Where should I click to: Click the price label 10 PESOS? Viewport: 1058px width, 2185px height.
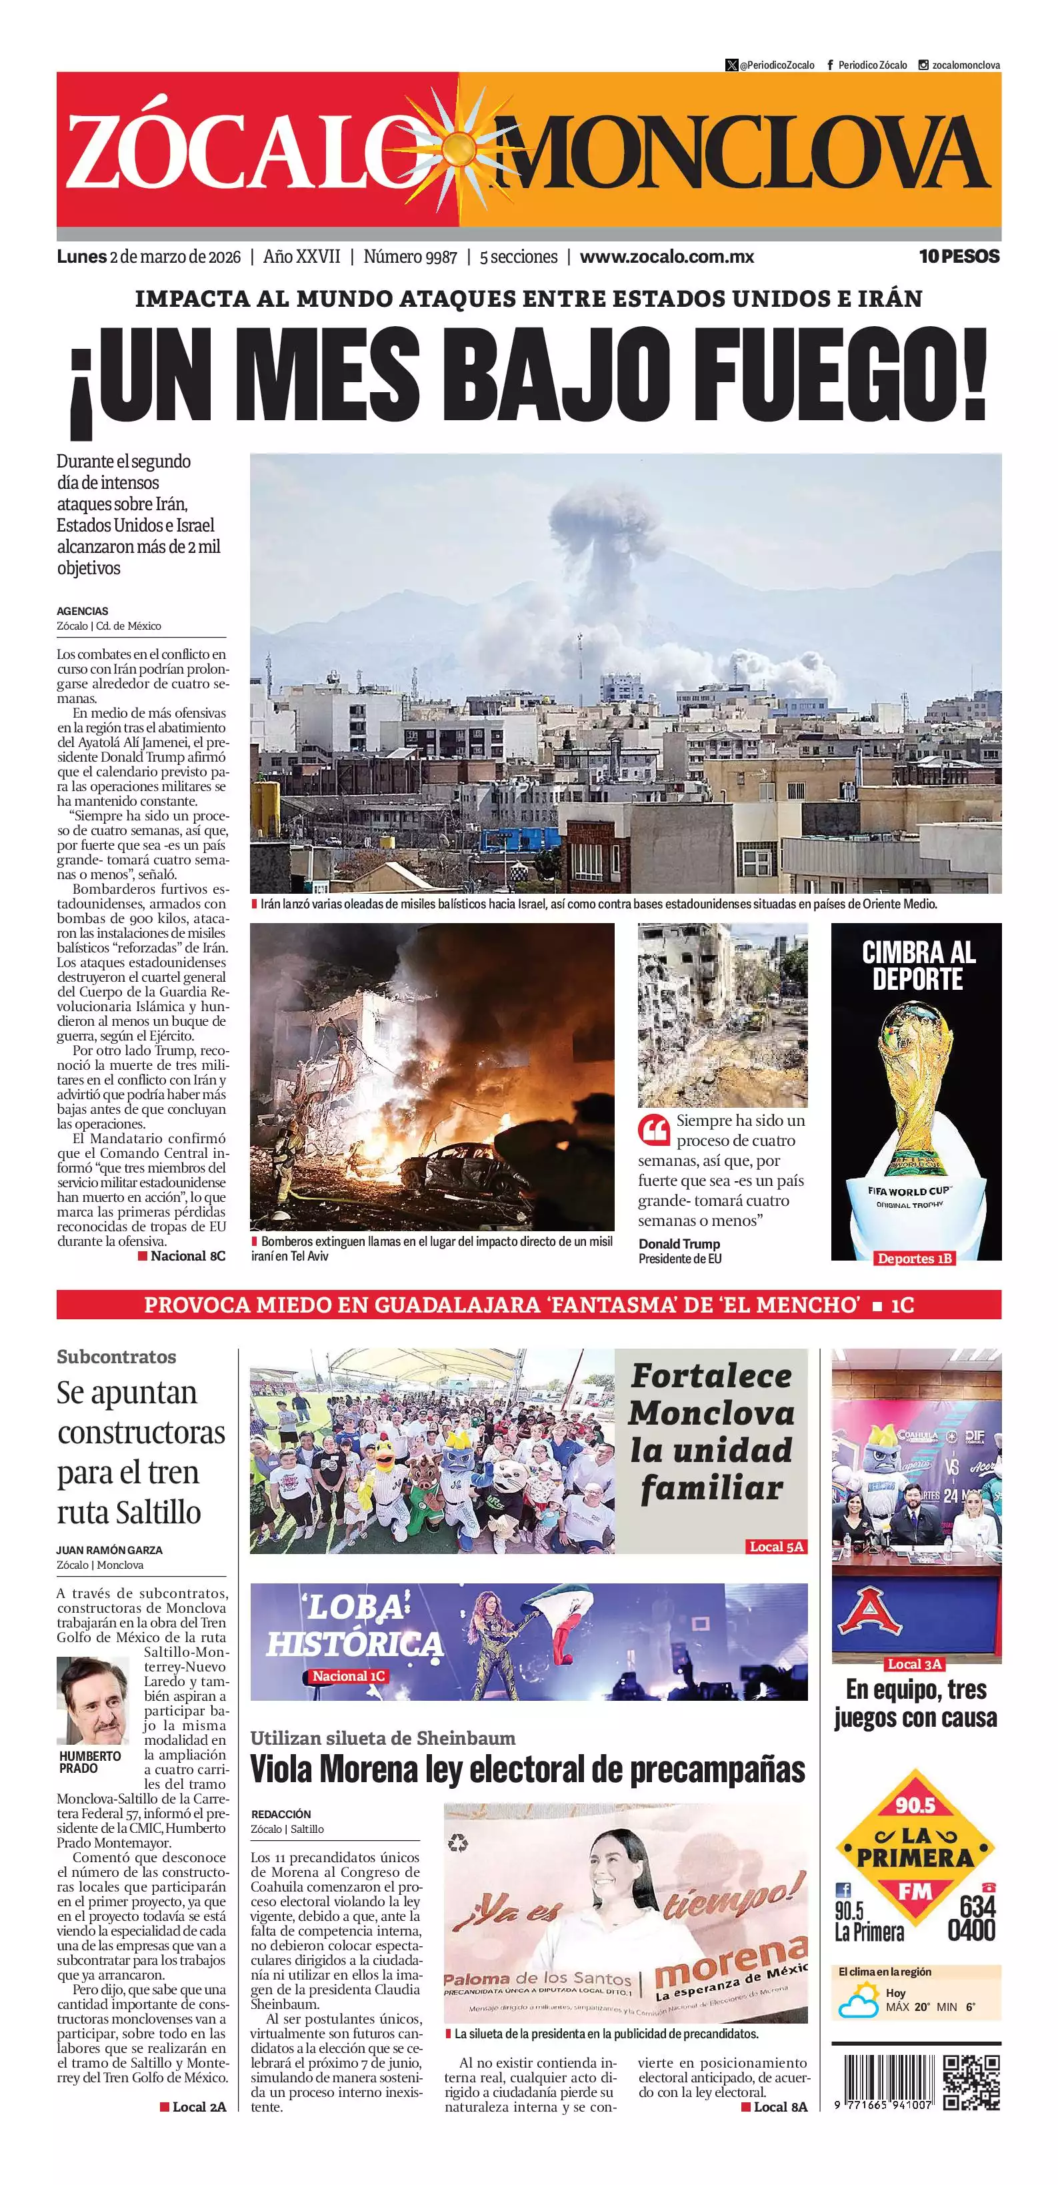pyautogui.click(x=959, y=256)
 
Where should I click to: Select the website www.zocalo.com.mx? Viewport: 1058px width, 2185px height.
pyautogui.click(x=667, y=257)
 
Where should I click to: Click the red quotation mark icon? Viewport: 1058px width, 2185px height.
pyautogui.click(x=653, y=1130)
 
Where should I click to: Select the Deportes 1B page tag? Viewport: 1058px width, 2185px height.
pyautogui.click(x=915, y=1258)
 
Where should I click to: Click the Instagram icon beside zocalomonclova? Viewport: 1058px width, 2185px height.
pyautogui.click(x=923, y=65)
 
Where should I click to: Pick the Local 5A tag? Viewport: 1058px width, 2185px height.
pyautogui.click(x=776, y=1546)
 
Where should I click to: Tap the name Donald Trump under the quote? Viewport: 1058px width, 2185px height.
pyautogui.click(x=679, y=1243)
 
